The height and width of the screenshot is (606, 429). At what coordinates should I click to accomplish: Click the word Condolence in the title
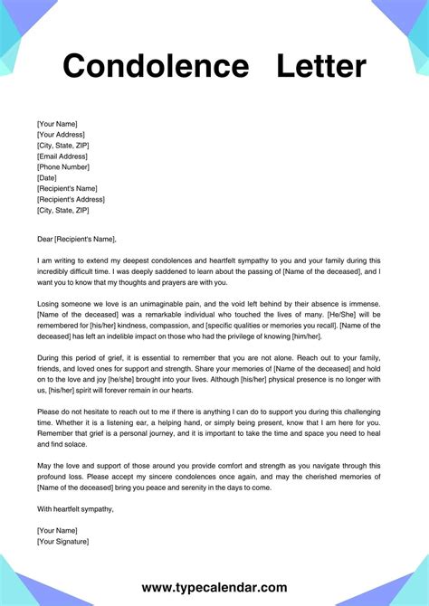click(154, 66)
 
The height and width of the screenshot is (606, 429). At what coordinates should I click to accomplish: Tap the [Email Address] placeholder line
click(63, 156)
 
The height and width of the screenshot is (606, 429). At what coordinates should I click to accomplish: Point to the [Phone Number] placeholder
click(63, 166)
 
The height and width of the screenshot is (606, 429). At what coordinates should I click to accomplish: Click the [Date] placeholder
click(47, 177)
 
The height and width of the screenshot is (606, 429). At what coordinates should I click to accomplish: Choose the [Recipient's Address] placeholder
click(73, 199)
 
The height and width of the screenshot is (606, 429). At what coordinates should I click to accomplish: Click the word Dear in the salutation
click(45, 239)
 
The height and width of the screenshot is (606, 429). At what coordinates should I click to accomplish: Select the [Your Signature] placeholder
click(63, 541)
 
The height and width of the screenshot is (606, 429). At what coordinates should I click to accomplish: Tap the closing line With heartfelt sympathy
click(76, 509)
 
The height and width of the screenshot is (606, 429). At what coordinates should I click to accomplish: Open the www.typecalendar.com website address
click(214, 587)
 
